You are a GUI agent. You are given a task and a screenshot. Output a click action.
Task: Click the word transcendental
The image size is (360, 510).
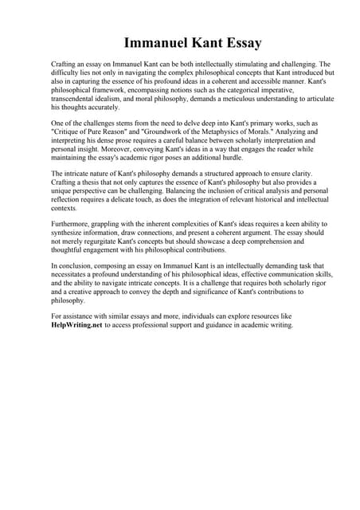(76, 98)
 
